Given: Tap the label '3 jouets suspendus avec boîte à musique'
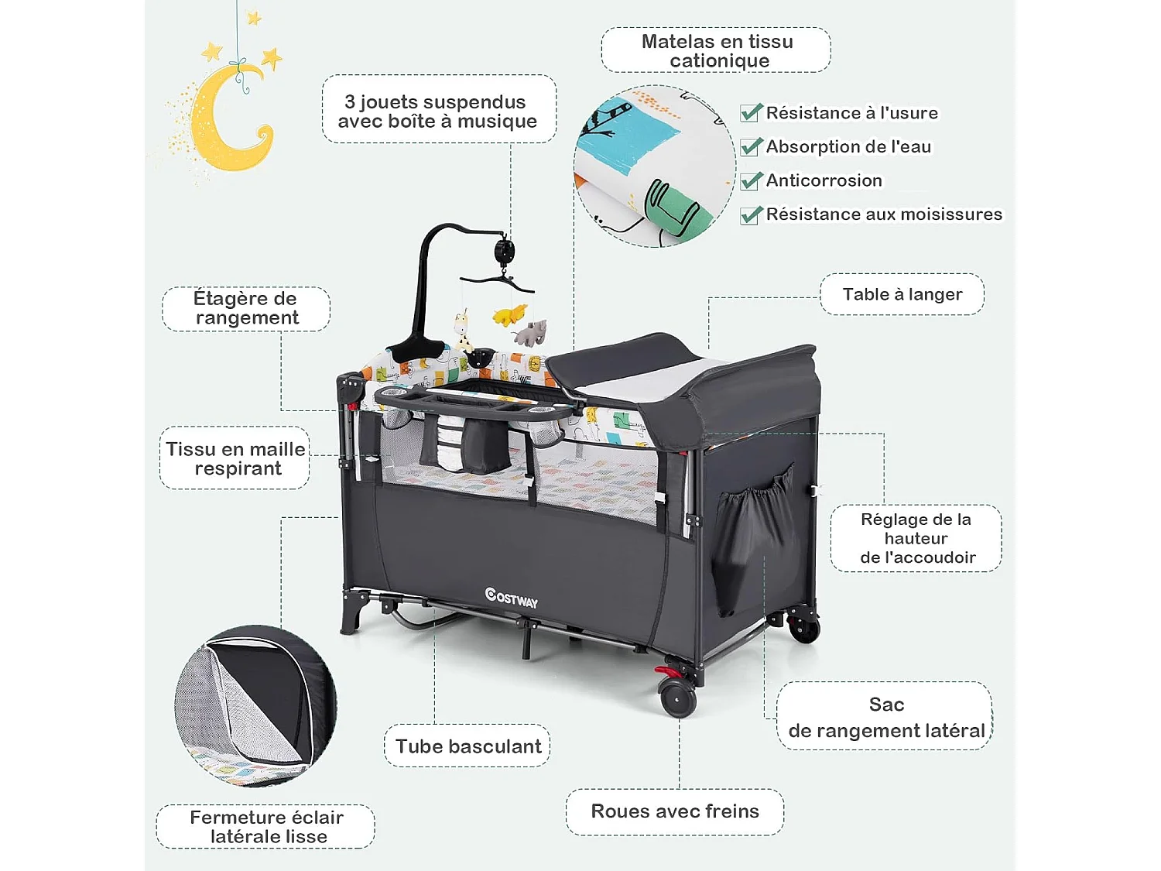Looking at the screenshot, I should tap(438, 111).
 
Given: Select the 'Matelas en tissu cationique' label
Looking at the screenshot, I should tap(717, 51).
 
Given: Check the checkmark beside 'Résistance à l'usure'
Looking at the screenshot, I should tap(751, 113).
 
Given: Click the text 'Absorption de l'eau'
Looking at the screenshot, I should tap(848, 146).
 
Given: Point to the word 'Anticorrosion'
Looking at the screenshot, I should tap(824, 180).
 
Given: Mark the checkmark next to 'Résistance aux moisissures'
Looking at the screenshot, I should tap(751, 214).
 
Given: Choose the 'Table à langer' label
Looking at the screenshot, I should tap(902, 294).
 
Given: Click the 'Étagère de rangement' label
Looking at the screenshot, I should tap(246, 308).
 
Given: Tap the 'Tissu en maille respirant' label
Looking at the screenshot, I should tap(235, 458).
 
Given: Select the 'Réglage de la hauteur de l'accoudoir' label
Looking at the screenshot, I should tap(916, 538).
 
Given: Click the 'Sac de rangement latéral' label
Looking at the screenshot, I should tap(885, 717).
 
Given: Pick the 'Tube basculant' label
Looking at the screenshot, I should tap(467, 746).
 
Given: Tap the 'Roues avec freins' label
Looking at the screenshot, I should tap(674, 811).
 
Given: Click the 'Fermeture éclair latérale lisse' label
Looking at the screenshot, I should tap(266, 827).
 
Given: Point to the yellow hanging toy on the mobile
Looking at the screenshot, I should tap(509, 315).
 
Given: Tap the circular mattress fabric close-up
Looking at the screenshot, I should tap(654, 166).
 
